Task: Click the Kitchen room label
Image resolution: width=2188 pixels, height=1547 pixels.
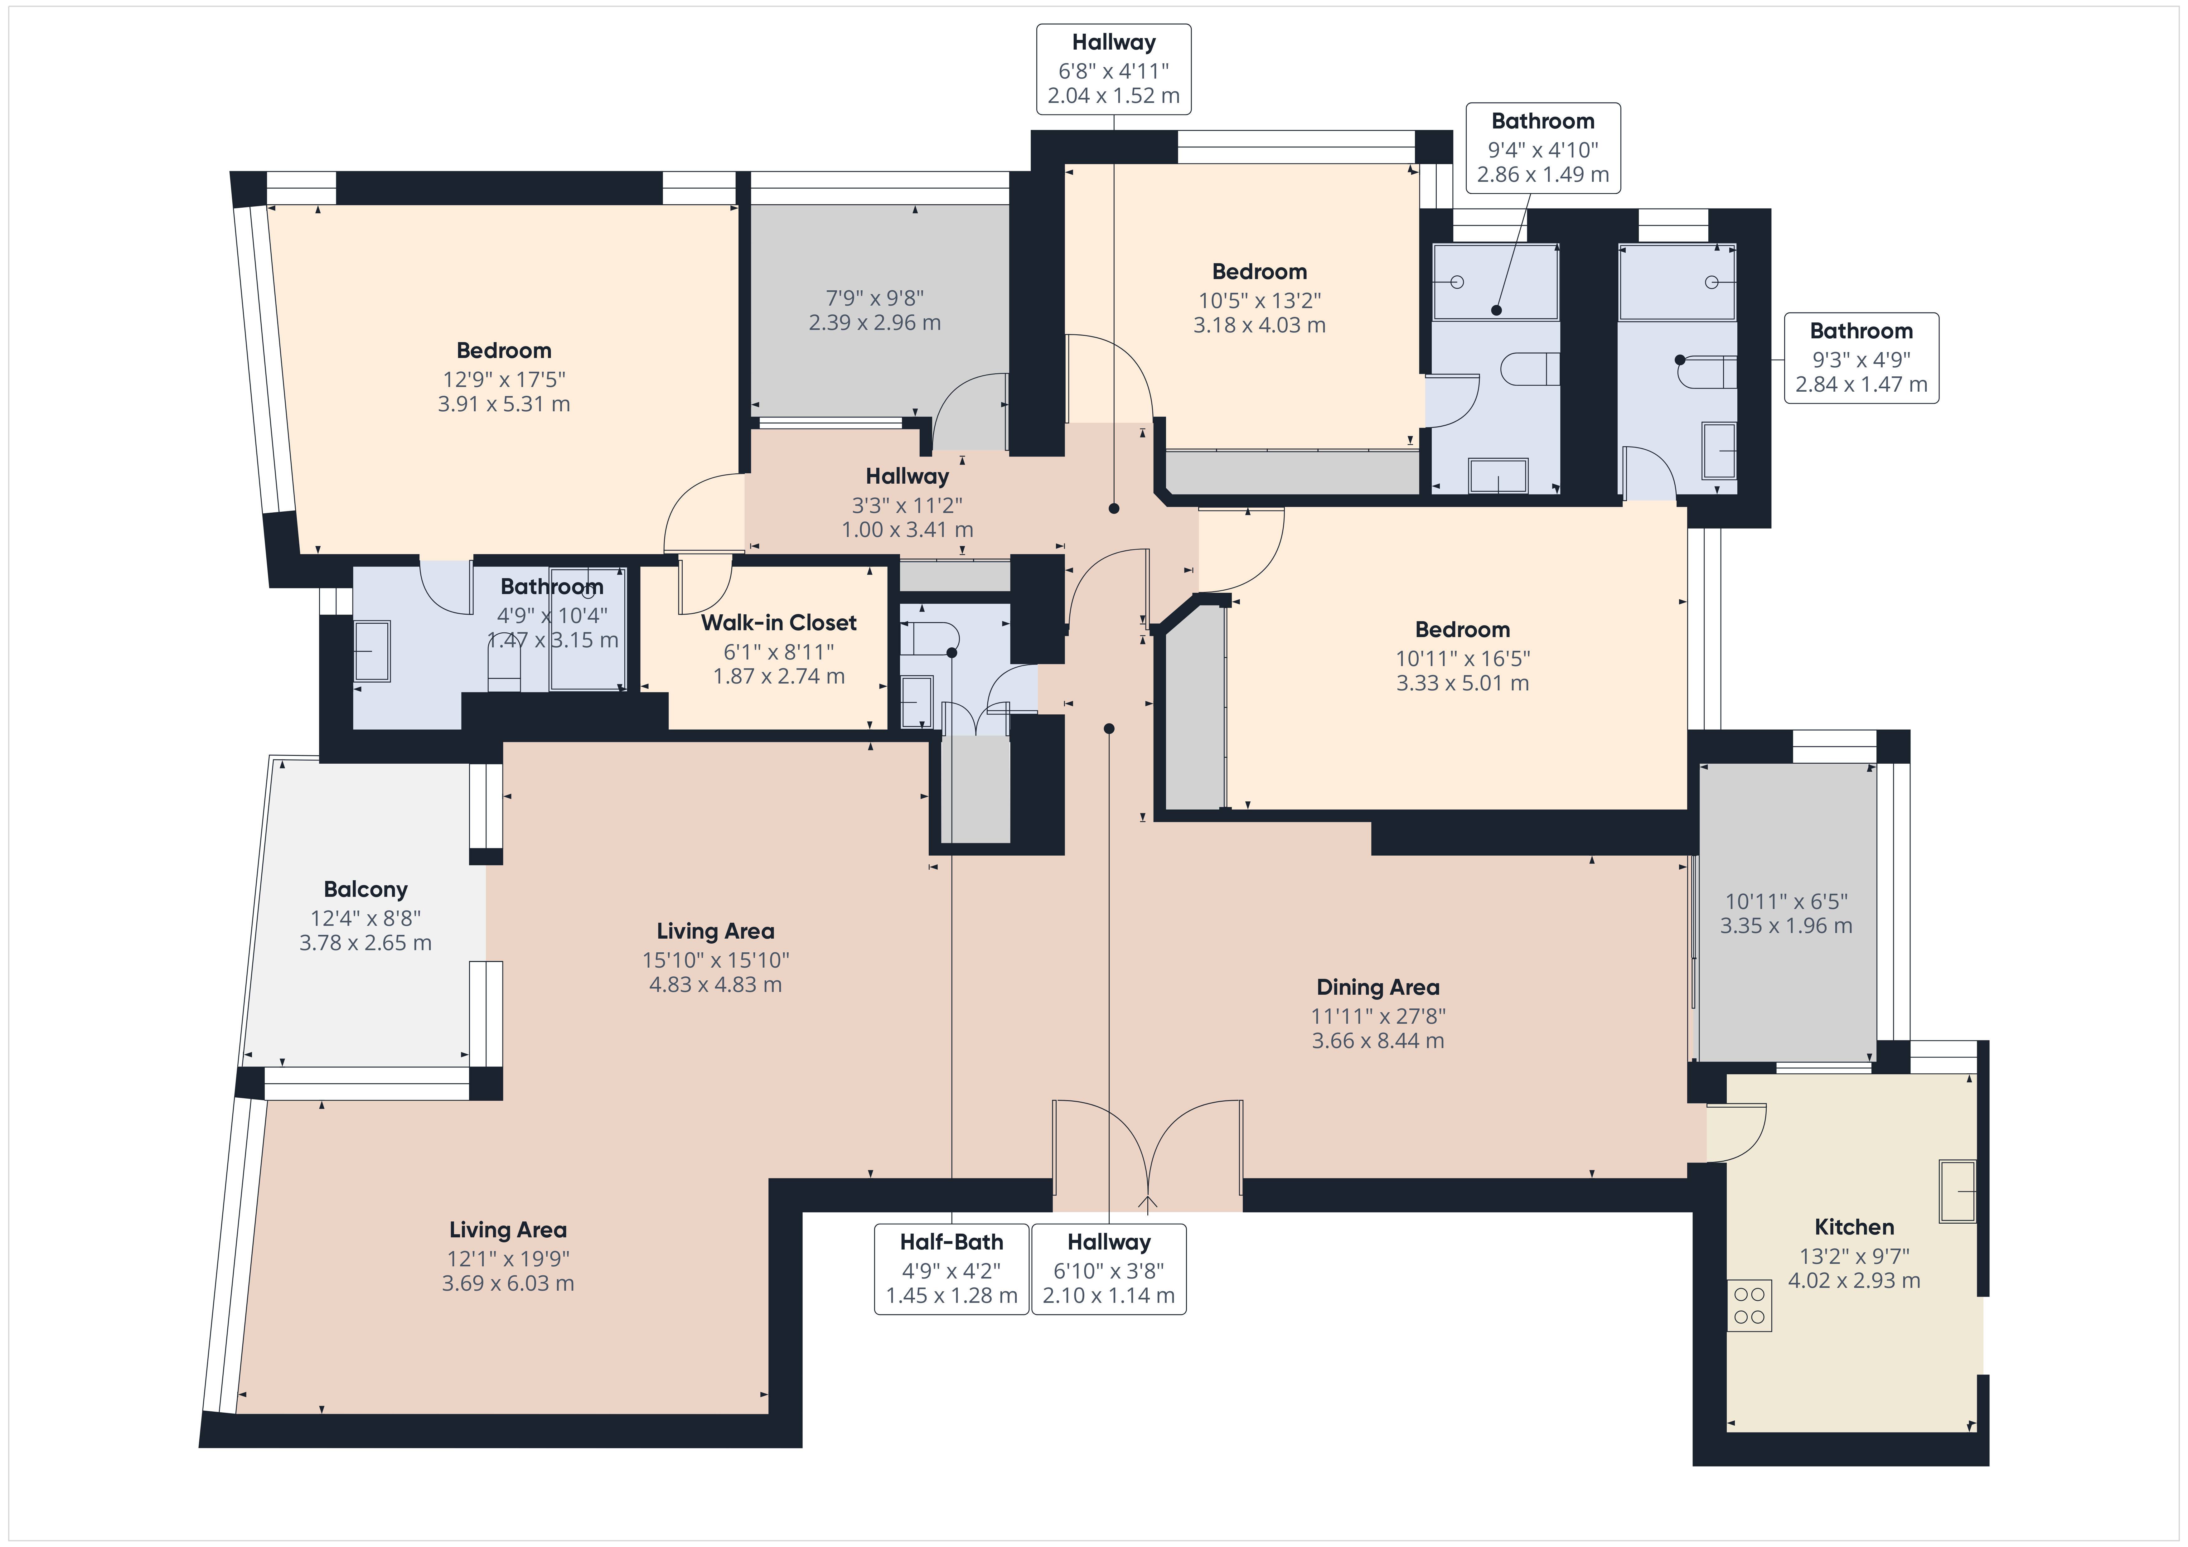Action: [x=1853, y=1227]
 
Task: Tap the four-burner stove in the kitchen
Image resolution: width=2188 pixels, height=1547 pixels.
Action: [x=1749, y=1306]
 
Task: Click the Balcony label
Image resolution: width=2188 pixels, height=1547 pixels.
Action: [x=366, y=889]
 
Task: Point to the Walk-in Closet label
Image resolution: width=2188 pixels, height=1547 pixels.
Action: [x=779, y=622]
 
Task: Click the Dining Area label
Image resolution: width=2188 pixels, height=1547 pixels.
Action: [x=1378, y=988]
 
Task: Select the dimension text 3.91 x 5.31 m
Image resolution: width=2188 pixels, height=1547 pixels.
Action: [x=504, y=404]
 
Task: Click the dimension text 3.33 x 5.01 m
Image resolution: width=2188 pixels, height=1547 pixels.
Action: [x=1463, y=684]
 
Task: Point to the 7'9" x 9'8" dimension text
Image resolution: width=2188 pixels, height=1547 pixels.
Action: [x=875, y=298]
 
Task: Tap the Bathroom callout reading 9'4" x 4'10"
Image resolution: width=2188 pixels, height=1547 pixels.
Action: [x=1543, y=148]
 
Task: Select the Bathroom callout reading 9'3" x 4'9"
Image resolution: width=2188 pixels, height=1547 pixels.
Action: [x=1861, y=357]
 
